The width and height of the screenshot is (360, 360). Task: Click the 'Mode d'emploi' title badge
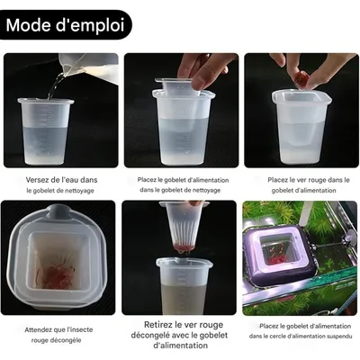[65, 24]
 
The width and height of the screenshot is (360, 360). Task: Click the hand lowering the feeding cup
[203, 67]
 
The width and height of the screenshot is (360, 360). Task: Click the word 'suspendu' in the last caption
[331, 337]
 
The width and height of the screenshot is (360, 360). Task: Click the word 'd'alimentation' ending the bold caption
[180, 346]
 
